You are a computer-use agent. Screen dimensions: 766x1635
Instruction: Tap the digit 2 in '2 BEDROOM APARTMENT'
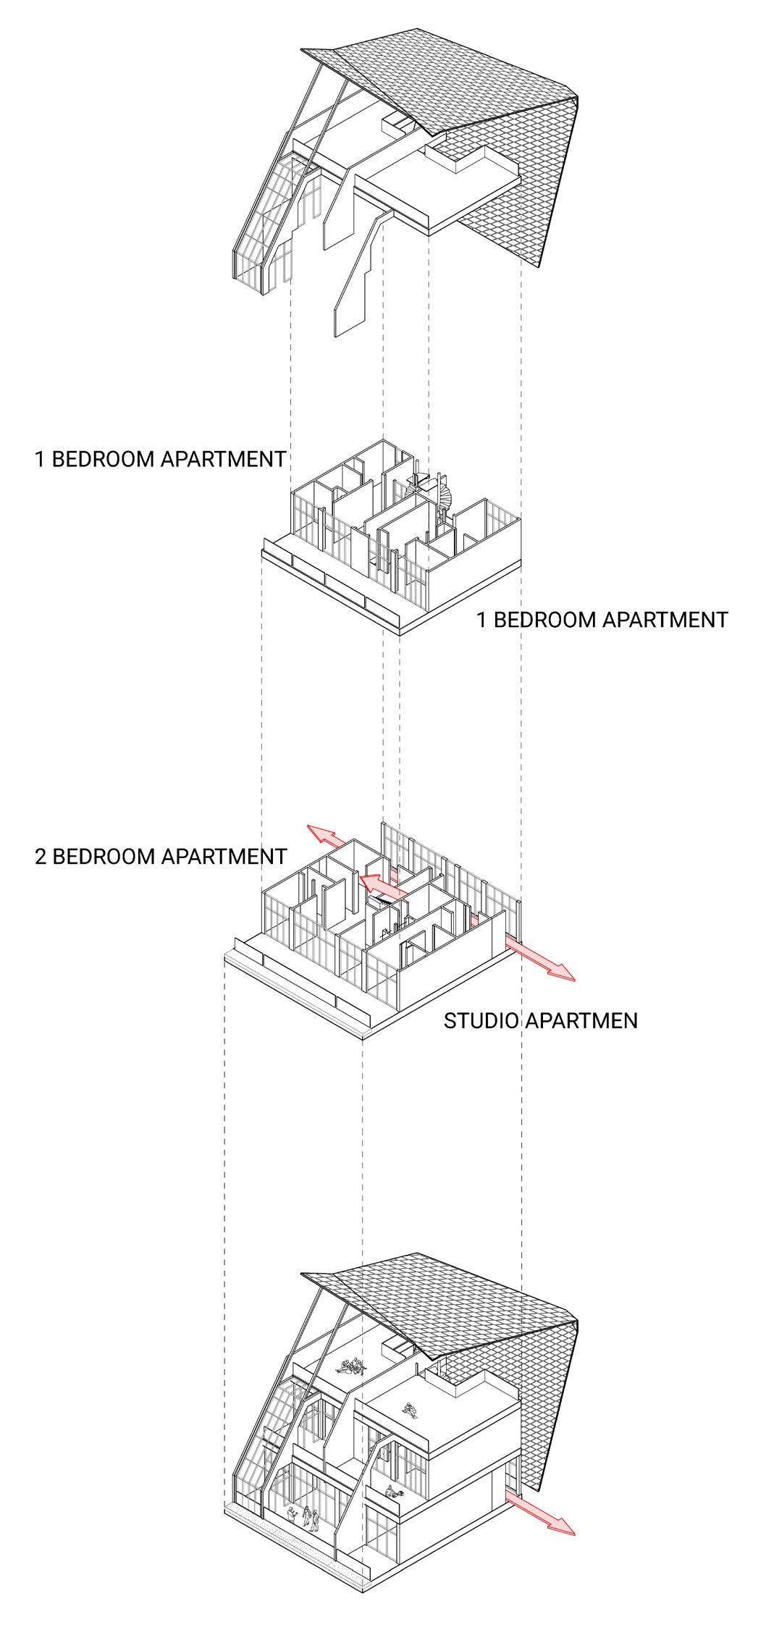(41, 857)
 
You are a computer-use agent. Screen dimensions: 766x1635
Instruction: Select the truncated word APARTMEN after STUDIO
(581, 1021)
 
